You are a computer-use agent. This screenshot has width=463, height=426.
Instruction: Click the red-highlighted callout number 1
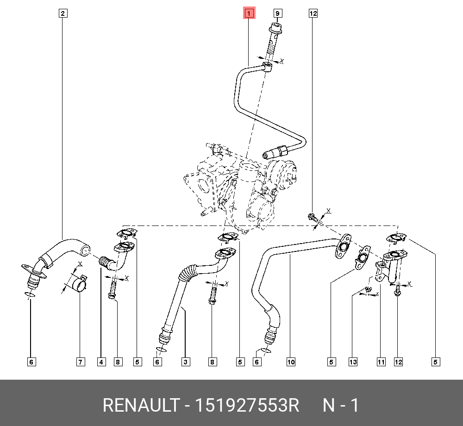pos(249,13)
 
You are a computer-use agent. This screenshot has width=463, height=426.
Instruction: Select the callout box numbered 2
pos(63,13)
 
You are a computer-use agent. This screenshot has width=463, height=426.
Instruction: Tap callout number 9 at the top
pos(278,13)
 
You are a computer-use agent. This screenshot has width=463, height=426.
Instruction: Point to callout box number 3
pos(185,362)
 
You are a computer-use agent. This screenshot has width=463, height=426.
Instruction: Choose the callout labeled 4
pos(101,362)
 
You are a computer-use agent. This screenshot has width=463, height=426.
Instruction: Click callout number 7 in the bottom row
pos(81,362)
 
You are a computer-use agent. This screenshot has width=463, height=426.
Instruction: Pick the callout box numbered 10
pos(291,362)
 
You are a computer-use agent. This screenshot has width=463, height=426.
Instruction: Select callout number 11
pos(381,362)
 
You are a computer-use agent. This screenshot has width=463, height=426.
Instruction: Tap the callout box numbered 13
pos(353,362)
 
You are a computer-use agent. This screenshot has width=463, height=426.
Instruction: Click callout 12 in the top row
pos(313,13)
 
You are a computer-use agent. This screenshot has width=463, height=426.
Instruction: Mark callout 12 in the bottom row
pos(398,362)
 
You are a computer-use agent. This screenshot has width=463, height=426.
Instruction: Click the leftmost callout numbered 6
pos(31,362)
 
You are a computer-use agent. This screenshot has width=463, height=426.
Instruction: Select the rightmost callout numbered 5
pos(436,362)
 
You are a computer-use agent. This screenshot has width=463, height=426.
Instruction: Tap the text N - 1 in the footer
pos(340,406)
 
